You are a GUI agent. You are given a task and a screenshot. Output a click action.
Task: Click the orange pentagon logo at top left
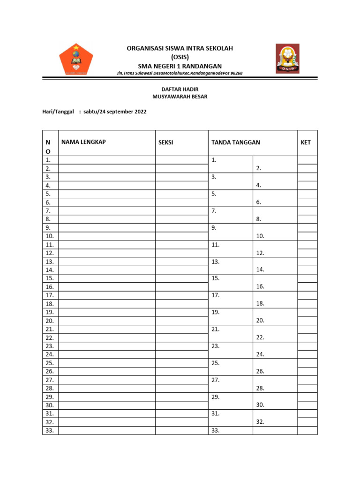(x=76, y=60)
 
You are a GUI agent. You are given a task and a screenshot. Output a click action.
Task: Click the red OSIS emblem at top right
(x=287, y=59)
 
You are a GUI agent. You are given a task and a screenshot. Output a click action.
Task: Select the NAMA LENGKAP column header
(x=83, y=142)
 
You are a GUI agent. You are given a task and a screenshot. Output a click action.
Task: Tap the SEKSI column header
(x=166, y=142)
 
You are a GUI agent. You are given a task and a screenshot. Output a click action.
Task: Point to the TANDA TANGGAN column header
(x=236, y=142)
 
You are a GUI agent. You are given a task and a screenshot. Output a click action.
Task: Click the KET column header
(x=306, y=142)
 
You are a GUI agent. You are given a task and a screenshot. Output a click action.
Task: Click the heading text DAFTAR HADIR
(x=180, y=88)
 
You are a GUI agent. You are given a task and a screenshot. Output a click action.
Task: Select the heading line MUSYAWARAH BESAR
(x=180, y=97)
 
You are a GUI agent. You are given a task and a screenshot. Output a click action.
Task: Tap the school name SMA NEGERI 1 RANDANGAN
(x=180, y=66)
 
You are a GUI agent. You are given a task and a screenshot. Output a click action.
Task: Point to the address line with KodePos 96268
(x=180, y=74)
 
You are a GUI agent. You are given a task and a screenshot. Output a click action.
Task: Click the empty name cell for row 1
(x=107, y=160)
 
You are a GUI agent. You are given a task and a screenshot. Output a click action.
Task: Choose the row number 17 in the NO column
(x=50, y=295)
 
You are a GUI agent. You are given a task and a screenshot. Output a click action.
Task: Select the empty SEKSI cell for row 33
(x=181, y=430)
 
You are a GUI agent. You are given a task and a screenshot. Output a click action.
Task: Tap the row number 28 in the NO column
(x=50, y=388)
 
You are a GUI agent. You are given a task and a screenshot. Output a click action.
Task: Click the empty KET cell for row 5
(x=307, y=194)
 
